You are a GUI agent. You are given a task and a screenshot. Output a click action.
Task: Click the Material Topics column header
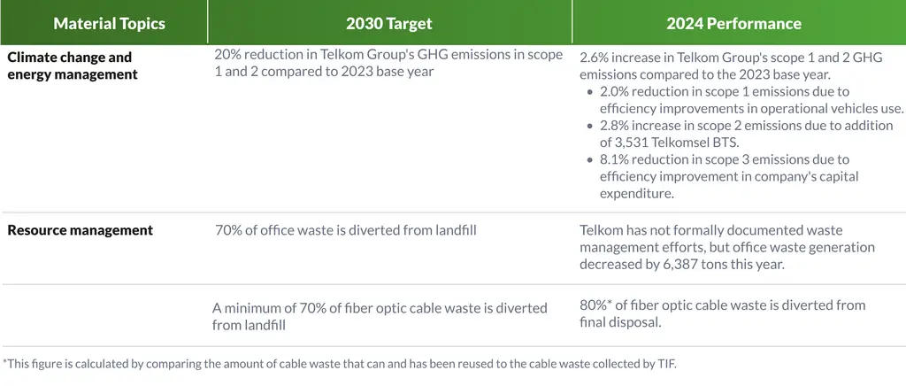coord(109,24)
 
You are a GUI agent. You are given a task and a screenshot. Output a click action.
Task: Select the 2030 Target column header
coord(389,24)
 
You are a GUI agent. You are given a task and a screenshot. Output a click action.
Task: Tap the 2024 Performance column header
coord(733,24)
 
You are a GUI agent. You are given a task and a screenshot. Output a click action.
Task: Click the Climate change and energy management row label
coord(73,66)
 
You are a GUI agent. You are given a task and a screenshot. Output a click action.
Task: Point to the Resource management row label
coord(81,230)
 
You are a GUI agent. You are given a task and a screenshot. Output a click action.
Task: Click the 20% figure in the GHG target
coord(226,55)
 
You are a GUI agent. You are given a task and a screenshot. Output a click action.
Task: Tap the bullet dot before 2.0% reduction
coord(590,92)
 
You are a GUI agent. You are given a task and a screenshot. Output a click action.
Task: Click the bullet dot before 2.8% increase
coord(590,126)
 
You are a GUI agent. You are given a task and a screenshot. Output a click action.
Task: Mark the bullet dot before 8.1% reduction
coord(590,159)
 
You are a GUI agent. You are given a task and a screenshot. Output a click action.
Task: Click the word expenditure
coord(637,194)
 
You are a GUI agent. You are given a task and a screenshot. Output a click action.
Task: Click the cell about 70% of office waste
coord(346,231)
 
